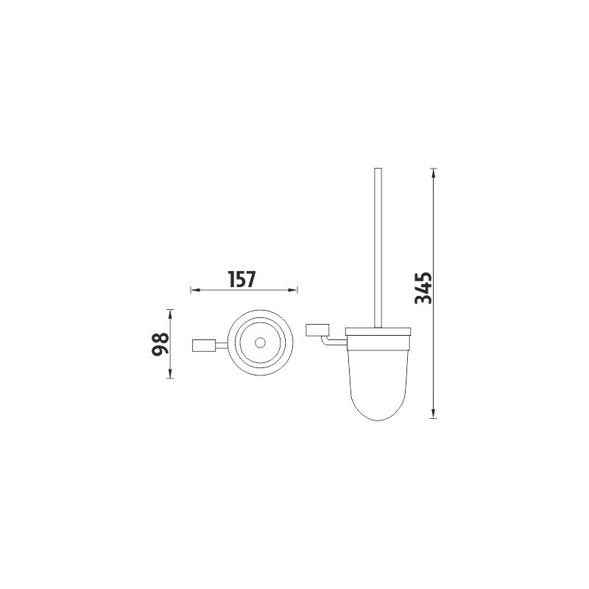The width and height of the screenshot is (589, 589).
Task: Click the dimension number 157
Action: pyautogui.click(x=242, y=279)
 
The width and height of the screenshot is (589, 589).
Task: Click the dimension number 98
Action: pyautogui.click(x=160, y=344)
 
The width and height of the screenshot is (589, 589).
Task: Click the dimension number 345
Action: pyautogui.click(x=423, y=288)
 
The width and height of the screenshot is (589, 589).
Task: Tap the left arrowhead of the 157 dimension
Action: pyautogui.click(x=195, y=289)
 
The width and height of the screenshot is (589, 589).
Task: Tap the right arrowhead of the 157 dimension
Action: pyautogui.click(x=292, y=289)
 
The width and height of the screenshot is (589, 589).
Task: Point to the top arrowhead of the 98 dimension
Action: pyautogui.click(x=170, y=314)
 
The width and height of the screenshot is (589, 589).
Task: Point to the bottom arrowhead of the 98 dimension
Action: pyautogui.click(x=170, y=373)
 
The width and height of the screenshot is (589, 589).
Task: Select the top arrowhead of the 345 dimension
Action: pyautogui.click(x=434, y=173)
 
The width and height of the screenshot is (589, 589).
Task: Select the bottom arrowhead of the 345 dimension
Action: pyautogui.click(x=434, y=413)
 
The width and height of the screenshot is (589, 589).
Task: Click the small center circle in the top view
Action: pyautogui.click(x=260, y=342)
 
